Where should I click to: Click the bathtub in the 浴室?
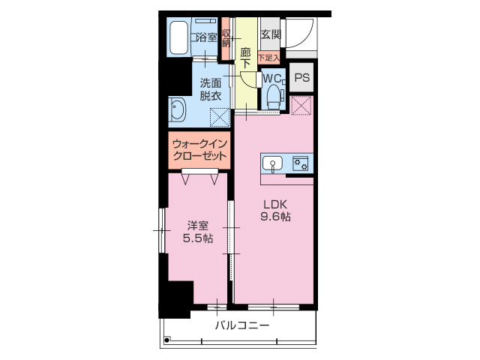click(178, 37)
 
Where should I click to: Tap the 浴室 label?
click(205, 37)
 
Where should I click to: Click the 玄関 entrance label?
click(270, 35)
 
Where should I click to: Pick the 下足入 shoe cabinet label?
click(268, 57)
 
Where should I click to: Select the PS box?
click(301, 78)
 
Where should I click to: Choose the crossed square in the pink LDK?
click(301, 106)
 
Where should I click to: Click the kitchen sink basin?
click(271, 163)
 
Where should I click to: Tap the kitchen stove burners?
click(301, 163)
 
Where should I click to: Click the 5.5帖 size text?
click(198, 238)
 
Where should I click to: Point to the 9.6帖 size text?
click(275, 217)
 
